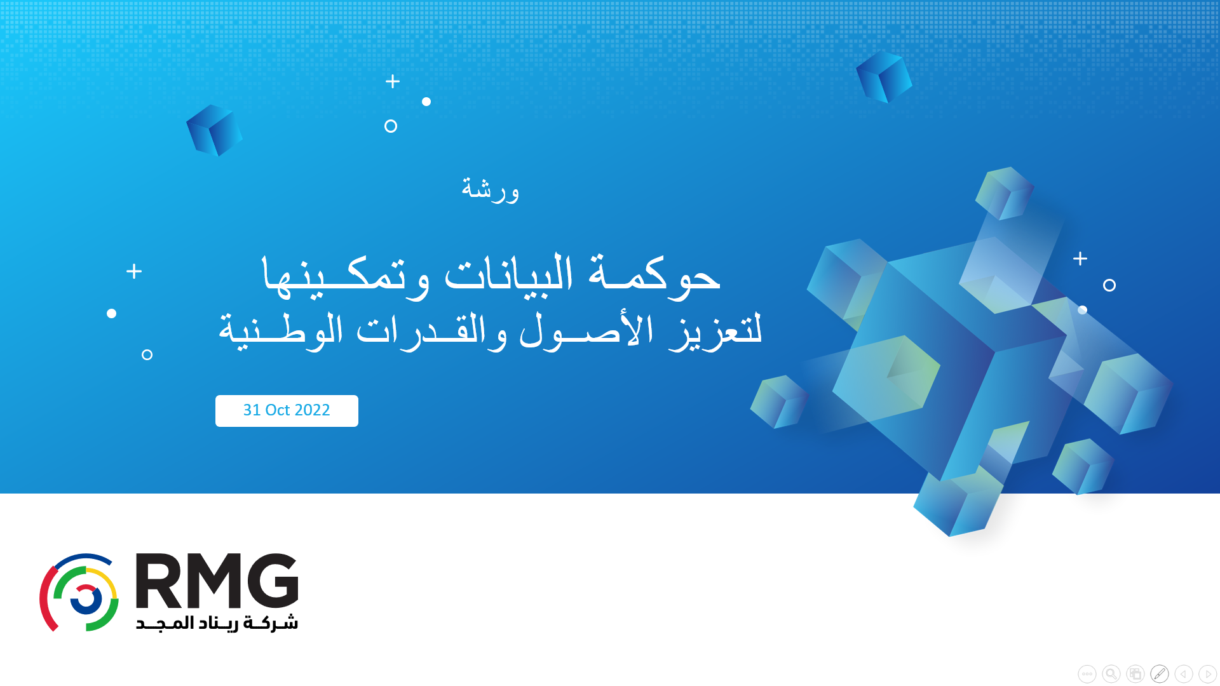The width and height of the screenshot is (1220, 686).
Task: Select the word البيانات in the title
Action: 508,273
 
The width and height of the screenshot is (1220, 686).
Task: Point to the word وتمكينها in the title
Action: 346,276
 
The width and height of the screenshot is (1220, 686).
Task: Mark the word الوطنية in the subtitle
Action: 281,330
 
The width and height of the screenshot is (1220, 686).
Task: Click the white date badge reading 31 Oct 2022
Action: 287,411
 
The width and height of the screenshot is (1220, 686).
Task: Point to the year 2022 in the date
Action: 312,410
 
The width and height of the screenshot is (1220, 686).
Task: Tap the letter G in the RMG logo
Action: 273,581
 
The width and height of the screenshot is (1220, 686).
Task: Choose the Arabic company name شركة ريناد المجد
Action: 217,622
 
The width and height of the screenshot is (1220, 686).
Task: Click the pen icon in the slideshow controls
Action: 1160,674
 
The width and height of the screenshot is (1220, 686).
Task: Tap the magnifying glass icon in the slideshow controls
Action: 1111,674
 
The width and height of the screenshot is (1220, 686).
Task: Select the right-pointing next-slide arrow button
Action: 1208,674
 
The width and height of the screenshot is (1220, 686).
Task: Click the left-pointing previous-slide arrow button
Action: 1184,674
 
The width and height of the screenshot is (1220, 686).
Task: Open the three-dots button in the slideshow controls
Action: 1087,674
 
